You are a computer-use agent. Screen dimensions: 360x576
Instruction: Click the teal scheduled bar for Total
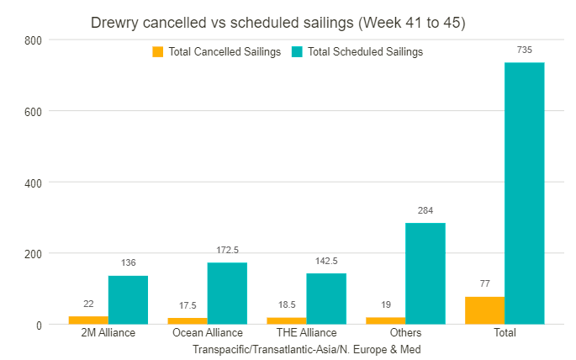coord(524,193)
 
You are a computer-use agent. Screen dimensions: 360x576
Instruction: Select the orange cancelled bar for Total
coord(484,310)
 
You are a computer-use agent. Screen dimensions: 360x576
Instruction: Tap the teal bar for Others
coord(425,273)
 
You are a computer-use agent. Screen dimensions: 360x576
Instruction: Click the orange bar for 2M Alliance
coord(88,320)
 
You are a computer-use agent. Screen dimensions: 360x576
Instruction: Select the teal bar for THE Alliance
coord(326,299)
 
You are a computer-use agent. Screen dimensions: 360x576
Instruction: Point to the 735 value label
coord(524,50)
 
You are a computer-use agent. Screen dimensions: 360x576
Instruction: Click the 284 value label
coord(425,210)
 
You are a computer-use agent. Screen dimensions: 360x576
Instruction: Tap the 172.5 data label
coord(227,251)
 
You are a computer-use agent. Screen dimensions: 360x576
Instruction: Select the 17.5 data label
coord(187,305)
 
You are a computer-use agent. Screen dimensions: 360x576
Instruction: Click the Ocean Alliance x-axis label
coord(207,333)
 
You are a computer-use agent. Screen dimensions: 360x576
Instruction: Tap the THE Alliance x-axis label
coord(306,333)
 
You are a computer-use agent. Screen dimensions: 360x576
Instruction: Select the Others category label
coord(405,333)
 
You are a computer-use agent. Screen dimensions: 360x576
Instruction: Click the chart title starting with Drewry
coord(277,23)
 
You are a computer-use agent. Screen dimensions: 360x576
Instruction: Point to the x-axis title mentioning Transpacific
coord(306,348)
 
